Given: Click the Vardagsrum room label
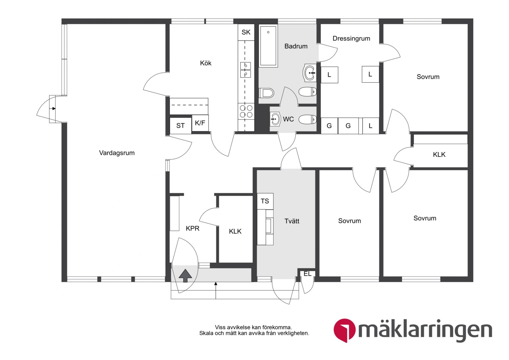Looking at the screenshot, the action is click(117, 153).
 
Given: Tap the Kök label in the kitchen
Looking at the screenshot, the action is click(206, 63).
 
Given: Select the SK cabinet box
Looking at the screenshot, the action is click(246, 32).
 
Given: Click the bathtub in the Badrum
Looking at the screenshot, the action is click(268, 46).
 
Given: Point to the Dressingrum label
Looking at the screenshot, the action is click(351, 38).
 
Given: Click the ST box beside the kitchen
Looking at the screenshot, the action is click(181, 126).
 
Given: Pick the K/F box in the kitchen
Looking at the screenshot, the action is click(200, 123).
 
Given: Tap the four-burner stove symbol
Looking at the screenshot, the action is click(246, 111).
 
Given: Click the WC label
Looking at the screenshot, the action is click(288, 119).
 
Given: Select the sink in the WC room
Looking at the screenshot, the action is click(275, 119).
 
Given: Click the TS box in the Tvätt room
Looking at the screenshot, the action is click(265, 201).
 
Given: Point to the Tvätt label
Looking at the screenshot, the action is click(292, 221).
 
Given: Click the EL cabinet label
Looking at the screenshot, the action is click(307, 274).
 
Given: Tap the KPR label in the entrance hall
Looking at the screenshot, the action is click(193, 228).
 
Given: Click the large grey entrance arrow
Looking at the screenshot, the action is click(186, 275).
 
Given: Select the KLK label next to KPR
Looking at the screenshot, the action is click(235, 232).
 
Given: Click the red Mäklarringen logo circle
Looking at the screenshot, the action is click(344, 330).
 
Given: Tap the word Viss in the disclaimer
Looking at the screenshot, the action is click(220, 327).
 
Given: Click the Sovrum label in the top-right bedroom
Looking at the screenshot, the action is click(428, 77).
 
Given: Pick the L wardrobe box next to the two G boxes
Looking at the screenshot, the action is click(370, 126).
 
